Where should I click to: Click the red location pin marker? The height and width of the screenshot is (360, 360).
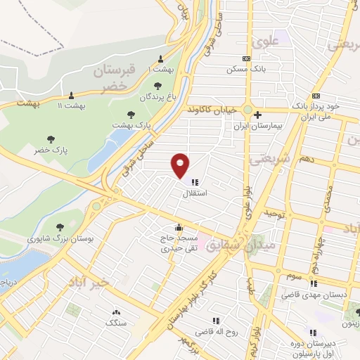click(181, 165)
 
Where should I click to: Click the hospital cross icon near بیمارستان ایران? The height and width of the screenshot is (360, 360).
click(258, 115)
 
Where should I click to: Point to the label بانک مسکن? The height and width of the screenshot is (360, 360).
click(239, 70)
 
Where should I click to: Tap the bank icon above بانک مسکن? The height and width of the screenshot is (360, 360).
click(245, 59)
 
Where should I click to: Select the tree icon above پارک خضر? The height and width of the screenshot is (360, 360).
click(50, 139)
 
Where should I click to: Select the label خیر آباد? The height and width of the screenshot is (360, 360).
click(89, 281)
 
